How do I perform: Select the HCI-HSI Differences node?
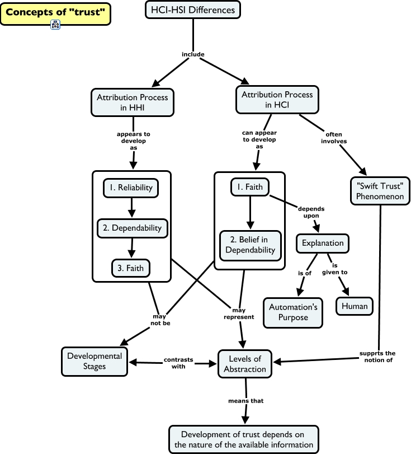coord(193,10)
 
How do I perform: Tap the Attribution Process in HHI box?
coord(132,102)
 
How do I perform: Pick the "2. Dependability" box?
coord(132,228)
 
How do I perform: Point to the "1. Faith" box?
coord(250,187)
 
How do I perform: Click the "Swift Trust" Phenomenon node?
coord(380,190)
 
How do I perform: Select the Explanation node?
coord(323,243)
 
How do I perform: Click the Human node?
coord(355,306)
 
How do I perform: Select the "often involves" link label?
coord(334,137)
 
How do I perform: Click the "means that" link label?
coord(245,401)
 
